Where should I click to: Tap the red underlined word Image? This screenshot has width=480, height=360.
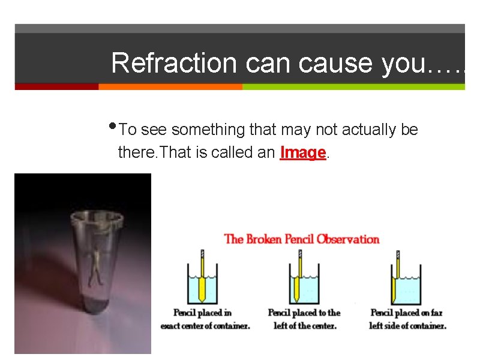point(303,153)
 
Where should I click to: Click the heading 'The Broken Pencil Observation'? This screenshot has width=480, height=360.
point(302,239)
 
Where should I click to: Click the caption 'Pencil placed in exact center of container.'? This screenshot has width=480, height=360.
point(205,319)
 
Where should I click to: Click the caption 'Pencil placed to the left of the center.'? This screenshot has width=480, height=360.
point(304,319)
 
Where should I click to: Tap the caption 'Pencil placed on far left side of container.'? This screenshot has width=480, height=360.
point(407,319)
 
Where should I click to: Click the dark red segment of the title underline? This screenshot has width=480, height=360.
point(56,86)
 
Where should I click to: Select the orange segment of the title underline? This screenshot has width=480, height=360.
point(170,86)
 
